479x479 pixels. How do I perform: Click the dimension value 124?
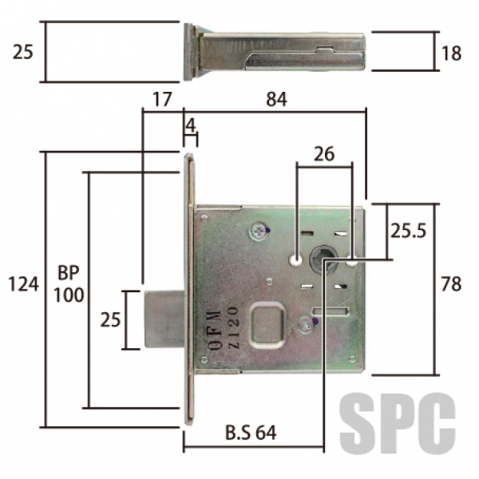tap(23, 284)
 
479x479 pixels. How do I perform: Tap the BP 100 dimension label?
tap(69, 284)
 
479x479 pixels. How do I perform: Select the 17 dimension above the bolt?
tap(162, 99)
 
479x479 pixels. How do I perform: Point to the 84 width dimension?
tap(276, 99)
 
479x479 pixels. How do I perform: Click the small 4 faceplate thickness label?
tap(191, 125)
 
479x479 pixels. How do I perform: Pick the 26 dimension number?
tap(324, 153)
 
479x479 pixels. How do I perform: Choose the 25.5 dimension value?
tap(409, 231)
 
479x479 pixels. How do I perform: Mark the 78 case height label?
tap(451, 284)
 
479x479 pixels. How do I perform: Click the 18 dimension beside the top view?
tap(451, 53)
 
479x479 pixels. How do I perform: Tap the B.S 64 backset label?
tap(251, 433)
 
